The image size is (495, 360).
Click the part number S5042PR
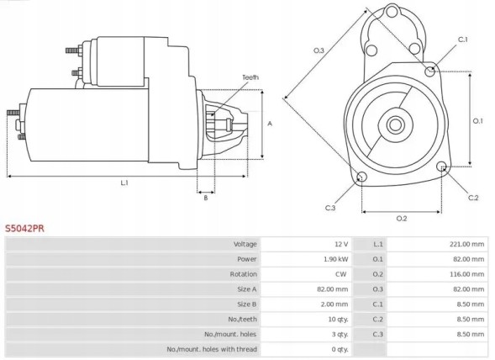click(25, 227)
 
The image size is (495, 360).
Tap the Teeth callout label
click(250, 77)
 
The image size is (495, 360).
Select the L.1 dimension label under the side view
click(124, 183)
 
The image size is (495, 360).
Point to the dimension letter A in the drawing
click(269, 123)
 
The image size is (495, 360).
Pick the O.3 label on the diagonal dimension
click(319, 51)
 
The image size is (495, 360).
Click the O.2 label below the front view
click(401, 219)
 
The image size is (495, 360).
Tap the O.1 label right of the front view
click(477, 120)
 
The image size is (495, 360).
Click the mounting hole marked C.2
click(443, 167)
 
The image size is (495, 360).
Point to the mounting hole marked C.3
click(361, 177)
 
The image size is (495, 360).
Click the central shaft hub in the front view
click(395, 125)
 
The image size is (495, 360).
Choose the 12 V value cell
click(340, 244)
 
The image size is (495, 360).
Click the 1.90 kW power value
click(336, 259)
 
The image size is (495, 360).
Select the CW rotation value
click(342, 274)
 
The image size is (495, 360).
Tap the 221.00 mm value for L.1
click(467, 244)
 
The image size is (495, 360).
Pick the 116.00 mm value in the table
click(467, 274)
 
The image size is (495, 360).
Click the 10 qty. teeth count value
click(338, 319)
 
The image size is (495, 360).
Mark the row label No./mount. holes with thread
click(212, 349)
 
